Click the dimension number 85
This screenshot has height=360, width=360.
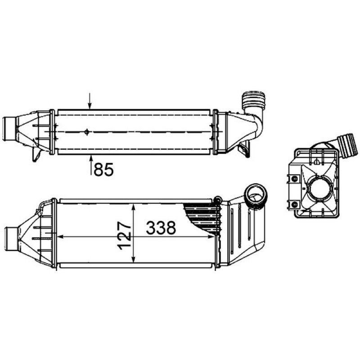pyautogui.click(x=104, y=170)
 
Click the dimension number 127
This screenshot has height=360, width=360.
pyautogui.click(x=124, y=235)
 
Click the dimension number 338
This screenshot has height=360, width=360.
pyautogui.click(x=161, y=228)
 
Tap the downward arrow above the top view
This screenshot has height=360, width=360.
pyautogui.click(x=90, y=100)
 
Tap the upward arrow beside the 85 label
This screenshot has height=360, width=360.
pyautogui.click(x=92, y=165)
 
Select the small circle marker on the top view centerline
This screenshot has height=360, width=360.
pyautogui.click(x=86, y=132)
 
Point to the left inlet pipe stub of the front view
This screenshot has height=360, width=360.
pyautogui.click(x=11, y=239)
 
